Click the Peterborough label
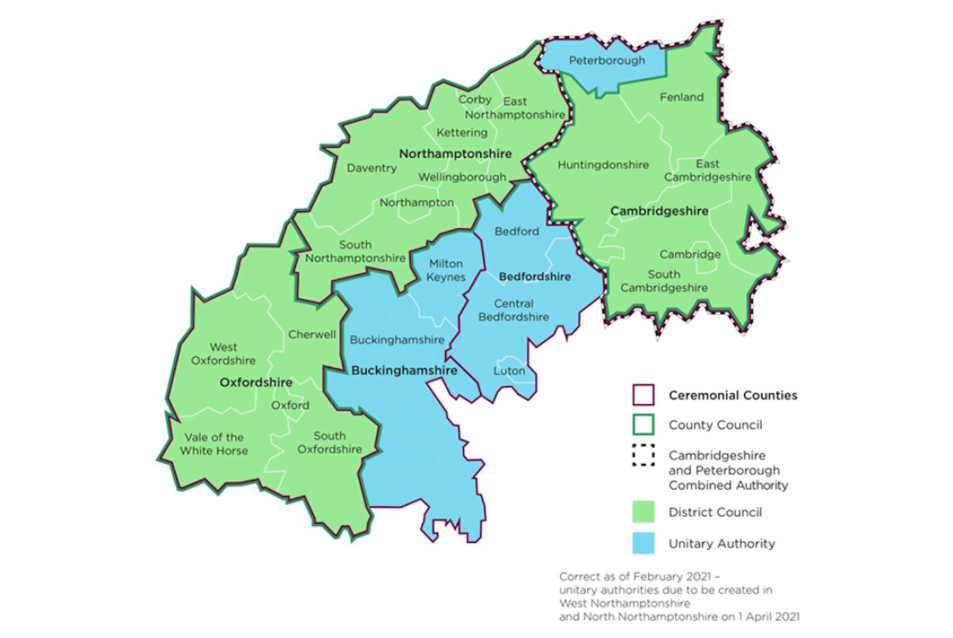tap(607, 61)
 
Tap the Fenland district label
tap(681, 97)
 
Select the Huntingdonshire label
tap(602, 165)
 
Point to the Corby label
tap(475, 99)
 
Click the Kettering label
tap(462, 133)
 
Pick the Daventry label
tap(372, 168)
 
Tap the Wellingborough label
tap(462, 177)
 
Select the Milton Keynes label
tap(445, 271)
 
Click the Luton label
tap(509, 371)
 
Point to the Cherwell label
tap(311, 335)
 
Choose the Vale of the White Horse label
tap(214, 444)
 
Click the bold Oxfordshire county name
tap(256, 383)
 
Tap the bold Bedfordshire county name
tap(534, 277)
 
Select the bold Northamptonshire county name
tap(455, 154)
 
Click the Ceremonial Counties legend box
tap(643, 395)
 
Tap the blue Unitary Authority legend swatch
tap(643, 543)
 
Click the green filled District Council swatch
tap(643, 512)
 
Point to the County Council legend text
tap(715, 425)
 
